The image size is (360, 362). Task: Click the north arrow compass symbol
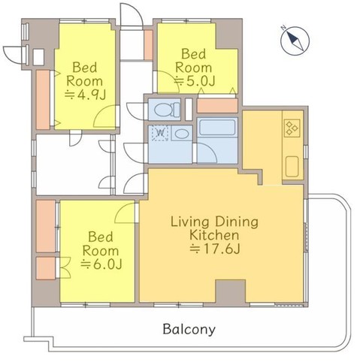click(x=293, y=38)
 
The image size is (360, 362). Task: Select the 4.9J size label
click(x=86, y=95)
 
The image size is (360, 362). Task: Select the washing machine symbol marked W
click(x=159, y=134)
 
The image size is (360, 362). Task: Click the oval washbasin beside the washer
click(x=181, y=134)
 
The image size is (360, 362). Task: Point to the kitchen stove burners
click(x=292, y=128)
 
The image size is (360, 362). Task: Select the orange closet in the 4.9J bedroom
click(x=43, y=95)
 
